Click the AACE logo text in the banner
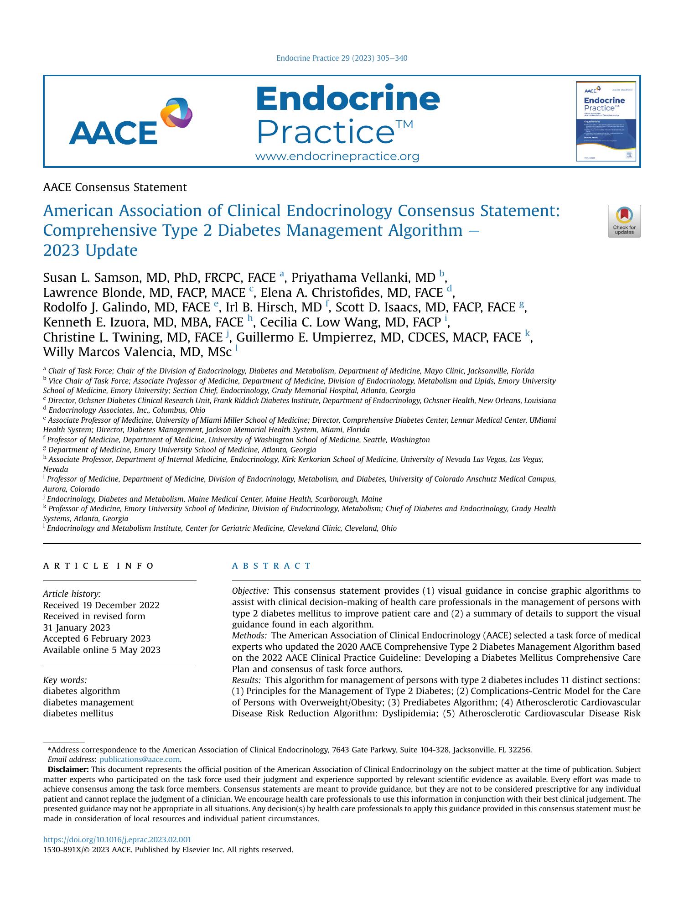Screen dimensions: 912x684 pyautogui.click(x=113, y=133)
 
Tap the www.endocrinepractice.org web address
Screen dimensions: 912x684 pyautogui.click(x=337, y=157)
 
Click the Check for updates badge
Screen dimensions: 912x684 pyautogui.click(x=624, y=221)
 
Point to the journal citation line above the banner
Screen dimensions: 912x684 pyautogui.click(x=342, y=58)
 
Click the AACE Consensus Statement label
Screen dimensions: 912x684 pyautogui.click(x=114, y=187)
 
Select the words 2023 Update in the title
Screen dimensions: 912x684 pyautogui.click(x=90, y=251)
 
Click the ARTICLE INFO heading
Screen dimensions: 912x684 pyautogui.click(x=98, y=566)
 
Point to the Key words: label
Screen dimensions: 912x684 pyautogui.click(x=65, y=679)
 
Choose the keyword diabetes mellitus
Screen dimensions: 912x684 pyautogui.click(x=78, y=713)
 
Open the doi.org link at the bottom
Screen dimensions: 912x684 pyautogui.click(x=117, y=839)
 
